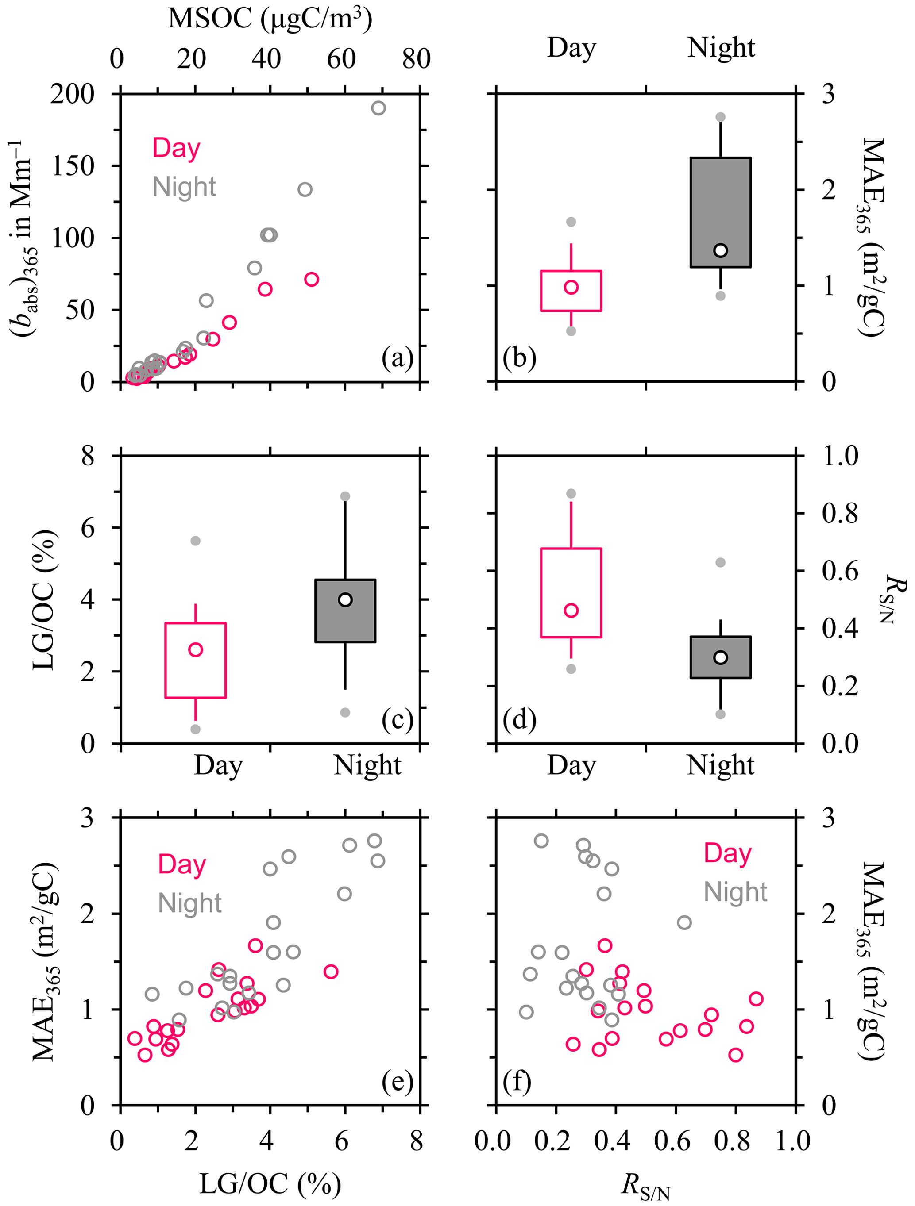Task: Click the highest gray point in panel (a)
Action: (x=378, y=108)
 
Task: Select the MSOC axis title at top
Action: (x=270, y=19)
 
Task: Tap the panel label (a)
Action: (x=397, y=358)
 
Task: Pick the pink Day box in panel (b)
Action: (x=571, y=291)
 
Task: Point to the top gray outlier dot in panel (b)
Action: (x=720, y=117)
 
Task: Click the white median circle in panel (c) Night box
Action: (x=345, y=600)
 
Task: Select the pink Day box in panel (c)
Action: (x=195, y=660)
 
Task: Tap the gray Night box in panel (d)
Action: (x=720, y=657)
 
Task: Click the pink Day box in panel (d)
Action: (x=571, y=593)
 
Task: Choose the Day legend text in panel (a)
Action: (x=176, y=148)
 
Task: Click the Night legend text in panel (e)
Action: (x=189, y=903)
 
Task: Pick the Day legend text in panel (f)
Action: (x=727, y=853)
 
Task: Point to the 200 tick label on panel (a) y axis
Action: (x=73, y=94)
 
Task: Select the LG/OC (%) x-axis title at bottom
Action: (x=270, y=1183)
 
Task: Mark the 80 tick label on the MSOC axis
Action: (x=416, y=58)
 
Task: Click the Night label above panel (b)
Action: (x=721, y=47)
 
